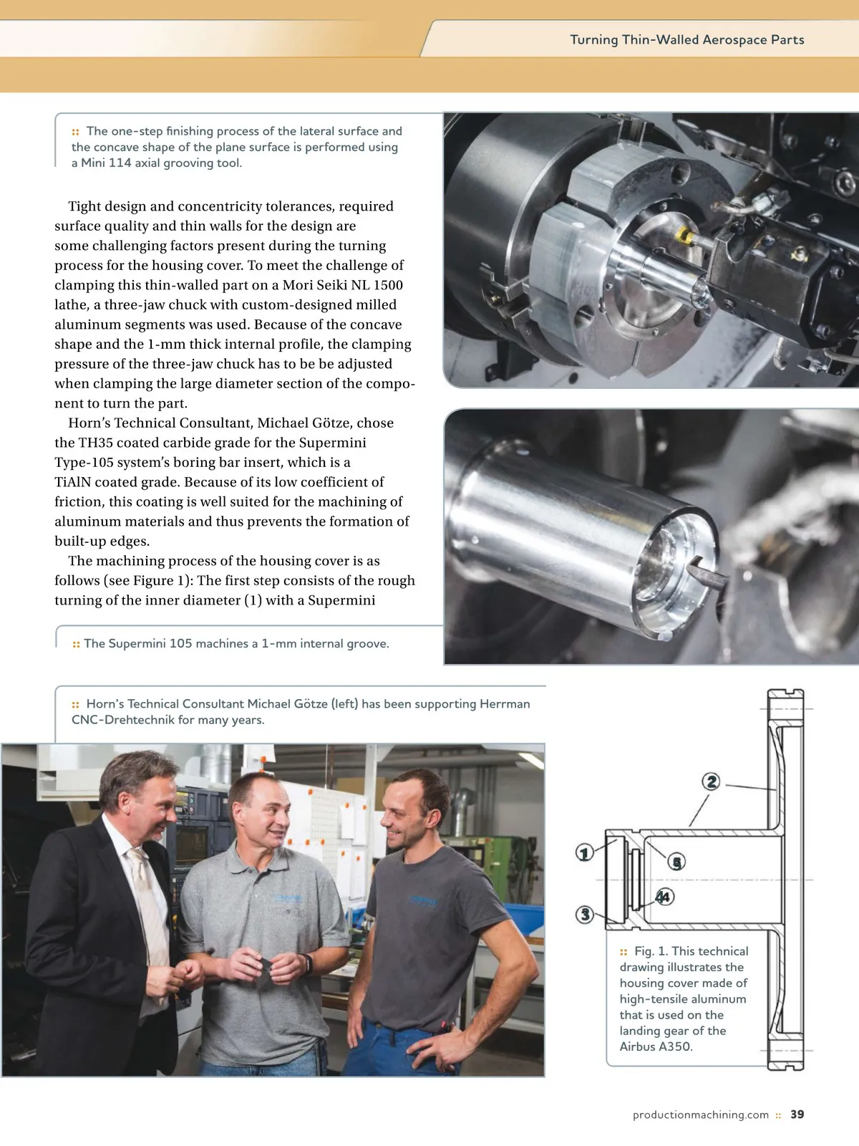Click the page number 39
pos(797,1114)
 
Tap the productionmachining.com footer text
pos(700,1115)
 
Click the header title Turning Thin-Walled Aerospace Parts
pos(686,40)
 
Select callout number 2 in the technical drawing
pos(711,781)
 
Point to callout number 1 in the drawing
pos(585,852)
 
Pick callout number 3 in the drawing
pos(585,914)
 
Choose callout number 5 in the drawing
pos(676,862)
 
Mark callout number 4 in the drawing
pos(664,896)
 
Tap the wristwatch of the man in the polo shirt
pos(308,963)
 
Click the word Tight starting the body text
pos(84,206)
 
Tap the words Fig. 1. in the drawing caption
pos(651,951)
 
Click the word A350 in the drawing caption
pos(675,1046)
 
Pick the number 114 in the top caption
pos(120,163)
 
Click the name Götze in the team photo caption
pos(311,704)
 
